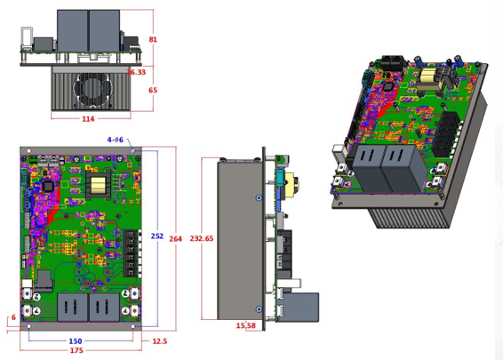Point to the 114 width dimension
[88, 118]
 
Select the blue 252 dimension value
[156, 236]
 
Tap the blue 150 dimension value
[76, 341]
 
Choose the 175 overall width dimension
[76, 351]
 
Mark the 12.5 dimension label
[159, 341]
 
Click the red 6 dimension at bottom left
[13, 317]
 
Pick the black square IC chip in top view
[47, 186]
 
